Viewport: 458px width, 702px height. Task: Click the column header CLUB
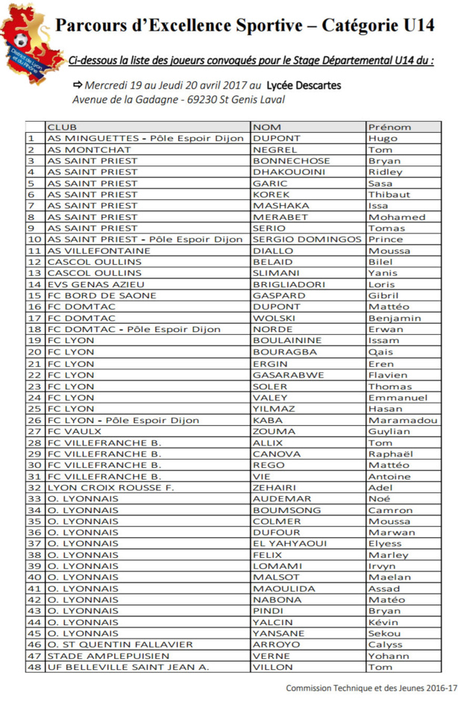pyautogui.click(x=61, y=127)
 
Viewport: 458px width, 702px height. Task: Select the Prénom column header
pyautogui.click(x=389, y=127)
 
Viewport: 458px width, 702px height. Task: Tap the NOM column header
pyautogui.click(x=266, y=127)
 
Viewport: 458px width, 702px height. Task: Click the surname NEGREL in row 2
pyautogui.click(x=275, y=149)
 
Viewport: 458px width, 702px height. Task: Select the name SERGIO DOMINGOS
pyautogui.click(x=307, y=239)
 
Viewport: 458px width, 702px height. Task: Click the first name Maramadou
pyautogui.click(x=402, y=420)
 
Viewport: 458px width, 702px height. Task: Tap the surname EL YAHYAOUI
pyautogui.click(x=289, y=544)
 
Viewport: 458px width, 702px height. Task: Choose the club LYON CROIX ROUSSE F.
pyautogui.click(x=110, y=488)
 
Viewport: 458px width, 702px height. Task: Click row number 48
pyautogui.click(x=34, y=667)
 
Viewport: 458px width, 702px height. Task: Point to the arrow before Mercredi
pyautogui.click(x=77, y=85)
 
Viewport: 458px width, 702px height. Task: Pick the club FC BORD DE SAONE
pyautogui.click(x=101, y=295)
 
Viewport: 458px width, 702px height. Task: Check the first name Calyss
pyautogui.click(x=385, y=645)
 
